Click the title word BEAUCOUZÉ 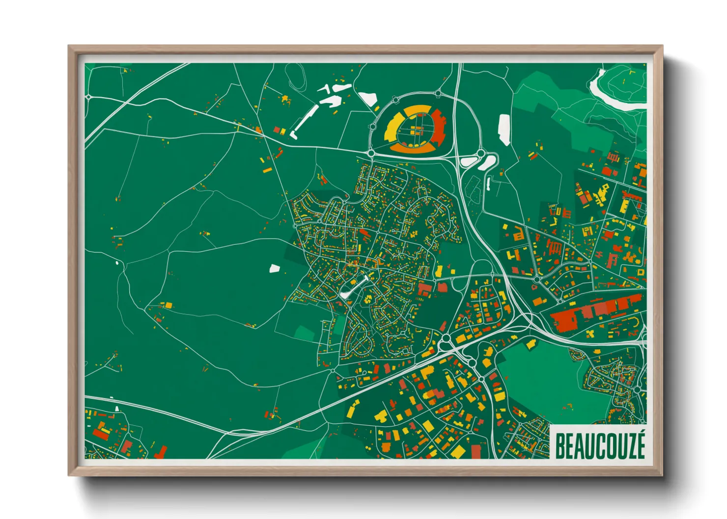click(599, 445)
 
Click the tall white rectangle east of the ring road click(504, 130)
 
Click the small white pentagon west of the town click(274, 268)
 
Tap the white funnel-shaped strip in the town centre click(353, 288)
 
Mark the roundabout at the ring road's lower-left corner click(371, 154)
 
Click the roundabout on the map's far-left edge click(88, 97)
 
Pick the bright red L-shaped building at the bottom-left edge click(161, 451)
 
